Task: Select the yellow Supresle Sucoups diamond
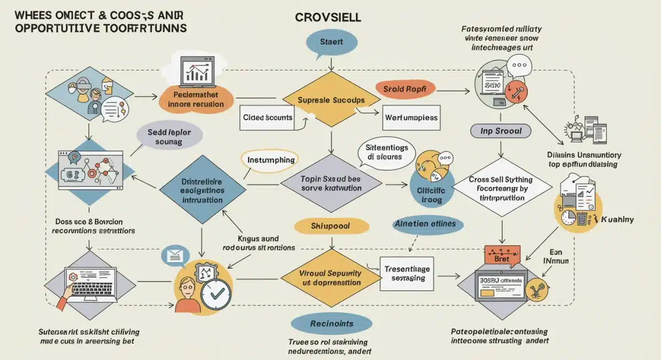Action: click(330, 101)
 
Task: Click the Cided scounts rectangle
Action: click(268, 118)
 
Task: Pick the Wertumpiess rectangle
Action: click(411, 118)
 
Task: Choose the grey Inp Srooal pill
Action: click(500, 131)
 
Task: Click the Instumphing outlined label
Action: click(270, 160)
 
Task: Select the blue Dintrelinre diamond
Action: click(203, 188)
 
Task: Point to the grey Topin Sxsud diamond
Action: click(330, 184)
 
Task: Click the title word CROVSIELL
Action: click(328, 17)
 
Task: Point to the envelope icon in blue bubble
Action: click(175, 255)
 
